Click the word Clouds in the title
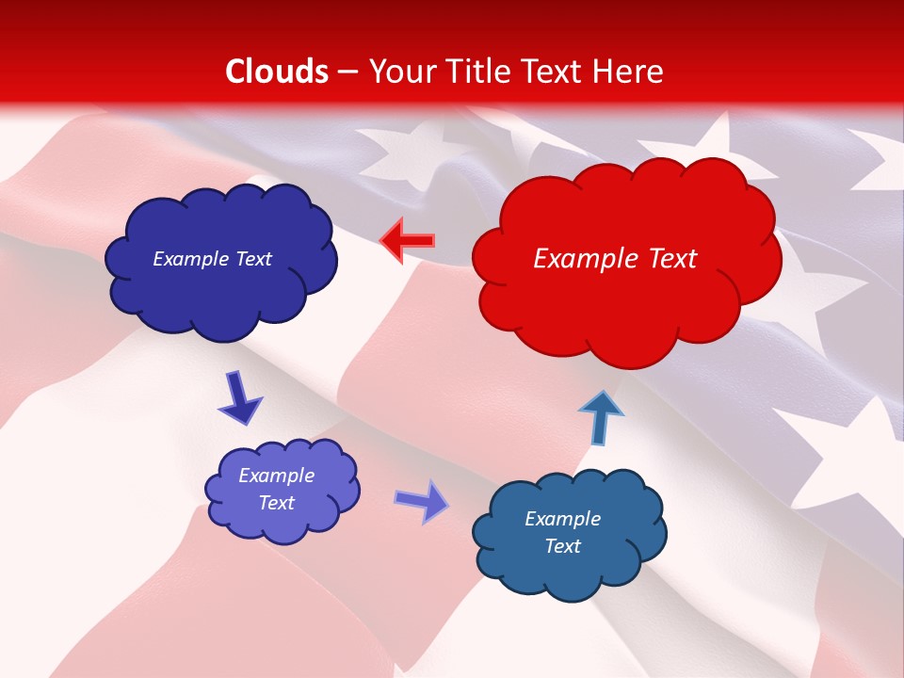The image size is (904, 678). pos(277,72)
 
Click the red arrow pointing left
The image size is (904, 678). pos(408,240)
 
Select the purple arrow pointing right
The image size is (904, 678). pos(421,500)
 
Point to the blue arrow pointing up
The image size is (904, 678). pos(600,417)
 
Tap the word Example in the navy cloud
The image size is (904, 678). pos(188,259)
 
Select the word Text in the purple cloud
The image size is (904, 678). pos(277,503)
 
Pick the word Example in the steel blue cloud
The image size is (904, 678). pos(562,519)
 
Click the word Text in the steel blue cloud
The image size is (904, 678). pos(562,546)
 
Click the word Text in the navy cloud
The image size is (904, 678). pos(251,259)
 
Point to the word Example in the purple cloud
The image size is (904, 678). pos(277,476)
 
